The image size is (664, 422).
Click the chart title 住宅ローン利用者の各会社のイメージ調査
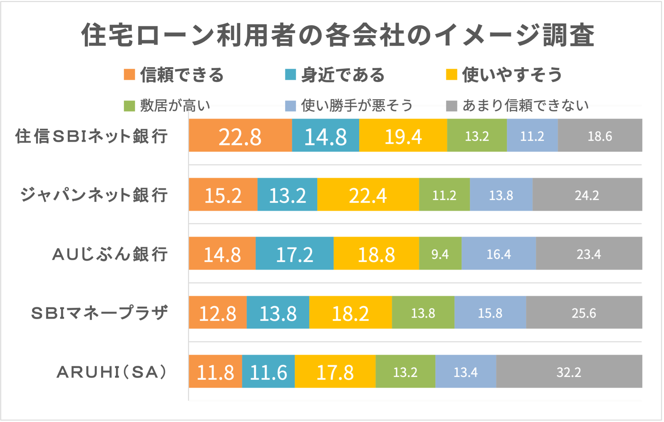point(338,35)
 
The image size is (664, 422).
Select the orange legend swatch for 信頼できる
point(129,75)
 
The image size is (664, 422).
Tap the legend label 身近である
point(343,75)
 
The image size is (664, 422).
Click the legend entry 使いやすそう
point(512,75)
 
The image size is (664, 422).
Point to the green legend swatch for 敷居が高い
point(129,106)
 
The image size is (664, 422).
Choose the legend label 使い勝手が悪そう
point(357,106)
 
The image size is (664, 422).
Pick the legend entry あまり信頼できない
point(525,106)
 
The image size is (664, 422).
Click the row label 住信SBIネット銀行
point(92,136)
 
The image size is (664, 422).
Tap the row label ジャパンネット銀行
point(94,195)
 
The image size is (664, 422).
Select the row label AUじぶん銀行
point(110,254)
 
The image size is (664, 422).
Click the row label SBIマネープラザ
point(100,313)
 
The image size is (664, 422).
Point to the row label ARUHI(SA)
point(112,372)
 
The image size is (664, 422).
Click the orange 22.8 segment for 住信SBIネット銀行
point(240,136)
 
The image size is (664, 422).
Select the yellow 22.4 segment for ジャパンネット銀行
point(368,195)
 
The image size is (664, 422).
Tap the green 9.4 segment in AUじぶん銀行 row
point(440,254)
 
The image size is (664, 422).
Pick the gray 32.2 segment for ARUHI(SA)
point(569,371)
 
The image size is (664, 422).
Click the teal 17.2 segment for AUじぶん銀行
point(294,254)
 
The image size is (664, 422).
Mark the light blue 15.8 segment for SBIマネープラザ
point(490,313)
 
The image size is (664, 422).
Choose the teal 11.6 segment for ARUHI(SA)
point(268,371)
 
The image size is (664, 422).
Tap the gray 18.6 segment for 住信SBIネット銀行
point(600,136)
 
